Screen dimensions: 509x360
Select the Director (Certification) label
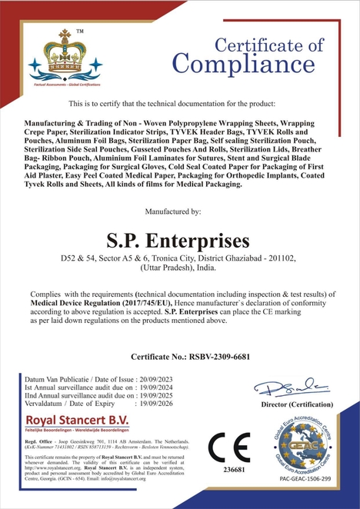(x=292, y=404)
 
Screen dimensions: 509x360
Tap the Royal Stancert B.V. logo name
(x=77, y=420)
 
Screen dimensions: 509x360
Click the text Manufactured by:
(x=179, y=210)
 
